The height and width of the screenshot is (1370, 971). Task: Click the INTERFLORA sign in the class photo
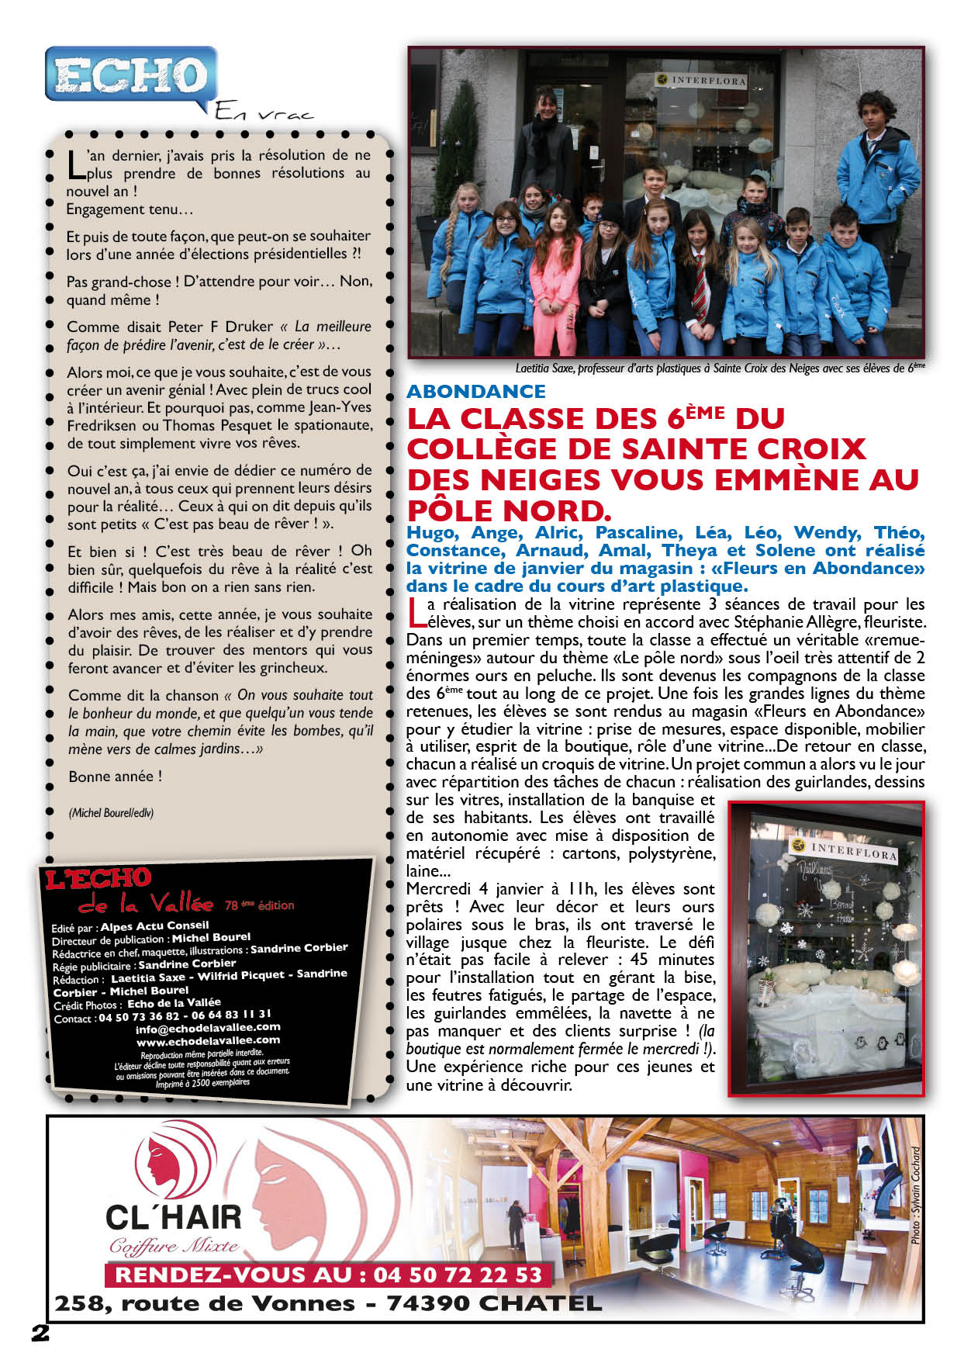tap(702, 80)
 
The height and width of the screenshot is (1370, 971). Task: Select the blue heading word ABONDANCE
tap(476, 391)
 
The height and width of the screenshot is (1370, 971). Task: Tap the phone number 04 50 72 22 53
tap(458, 1275)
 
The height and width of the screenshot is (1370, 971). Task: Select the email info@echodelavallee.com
tap(208, 1027)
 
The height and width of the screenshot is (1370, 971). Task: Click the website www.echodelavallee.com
tap(208, 1040)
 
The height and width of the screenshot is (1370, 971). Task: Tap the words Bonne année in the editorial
tap(116, 777)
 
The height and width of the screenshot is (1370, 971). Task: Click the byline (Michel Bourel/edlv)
tap(111, 813)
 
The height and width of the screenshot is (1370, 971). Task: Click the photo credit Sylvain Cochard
tap(916, 1195)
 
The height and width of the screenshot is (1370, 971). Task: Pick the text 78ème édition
tap(260, 905)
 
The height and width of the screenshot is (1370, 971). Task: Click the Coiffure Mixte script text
tap(173, 1247)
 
